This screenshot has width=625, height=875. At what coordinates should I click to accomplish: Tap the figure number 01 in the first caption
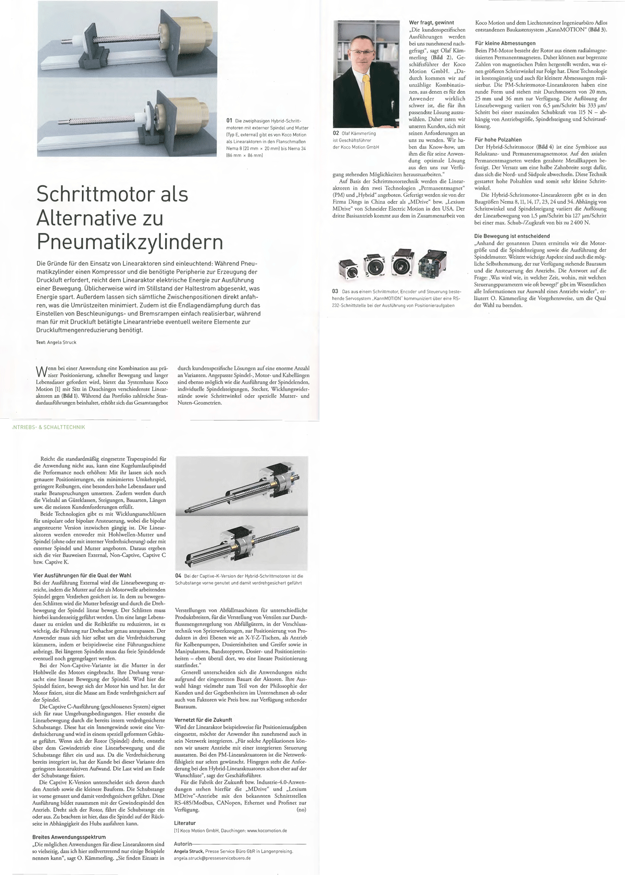[229, 121]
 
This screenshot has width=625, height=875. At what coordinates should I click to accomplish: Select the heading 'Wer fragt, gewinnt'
[431, 23]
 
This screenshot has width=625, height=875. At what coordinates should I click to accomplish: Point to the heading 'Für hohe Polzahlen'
[498, 140]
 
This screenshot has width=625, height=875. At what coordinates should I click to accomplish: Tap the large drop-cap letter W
[40, 372]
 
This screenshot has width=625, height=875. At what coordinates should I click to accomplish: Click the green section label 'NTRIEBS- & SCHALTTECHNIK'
[47, 427]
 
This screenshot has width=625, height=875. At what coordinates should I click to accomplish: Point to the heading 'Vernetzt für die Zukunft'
[203, 720]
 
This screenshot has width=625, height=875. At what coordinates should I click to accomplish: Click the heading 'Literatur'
[185, 823]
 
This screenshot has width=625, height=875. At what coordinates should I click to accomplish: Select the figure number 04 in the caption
[178, 576]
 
